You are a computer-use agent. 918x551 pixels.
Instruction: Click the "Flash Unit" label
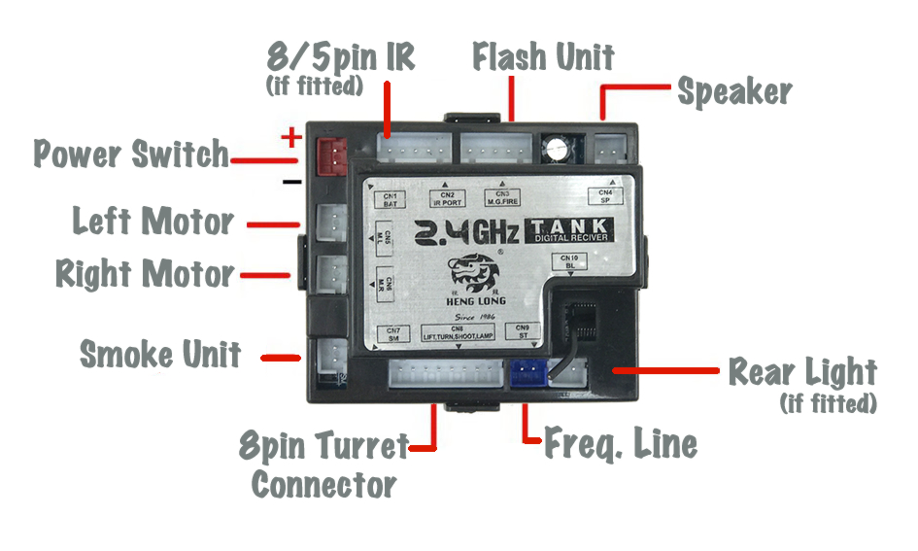pos(543,57)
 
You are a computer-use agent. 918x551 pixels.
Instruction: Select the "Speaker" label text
pos(734,92)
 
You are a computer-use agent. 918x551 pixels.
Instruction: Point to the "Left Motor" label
pos(153,222)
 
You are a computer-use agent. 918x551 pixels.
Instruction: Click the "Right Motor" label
pos(145,274)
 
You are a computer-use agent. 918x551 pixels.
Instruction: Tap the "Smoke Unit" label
pos(160,355)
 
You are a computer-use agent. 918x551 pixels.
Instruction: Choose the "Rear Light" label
pos(802,372)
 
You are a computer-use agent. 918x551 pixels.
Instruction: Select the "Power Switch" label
pos(131,154)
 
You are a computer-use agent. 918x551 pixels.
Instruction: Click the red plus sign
pos(289,138)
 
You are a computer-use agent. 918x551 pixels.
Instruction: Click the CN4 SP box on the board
pos(604,197)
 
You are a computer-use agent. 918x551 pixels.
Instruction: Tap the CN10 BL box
pos(569,260)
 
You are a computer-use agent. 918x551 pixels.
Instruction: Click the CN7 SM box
pos(392,333)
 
